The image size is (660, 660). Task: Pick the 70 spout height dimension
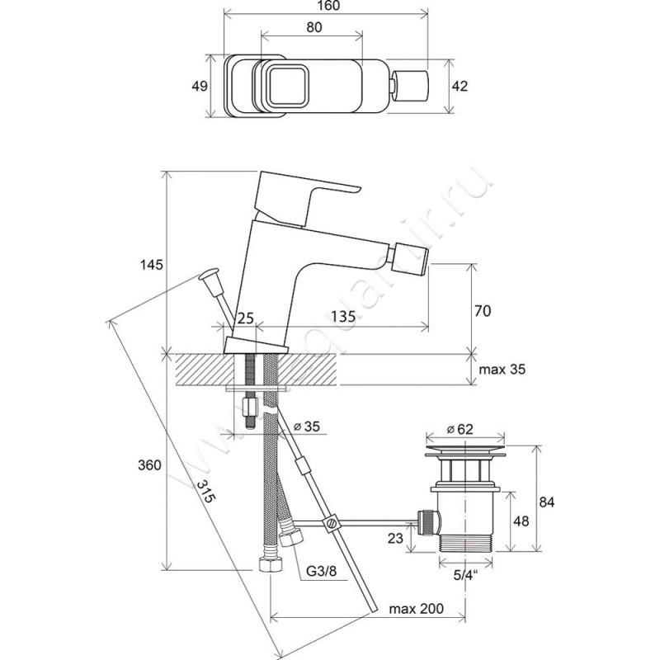(x=483, y=311)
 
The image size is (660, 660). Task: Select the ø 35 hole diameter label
(x=308, y=427)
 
